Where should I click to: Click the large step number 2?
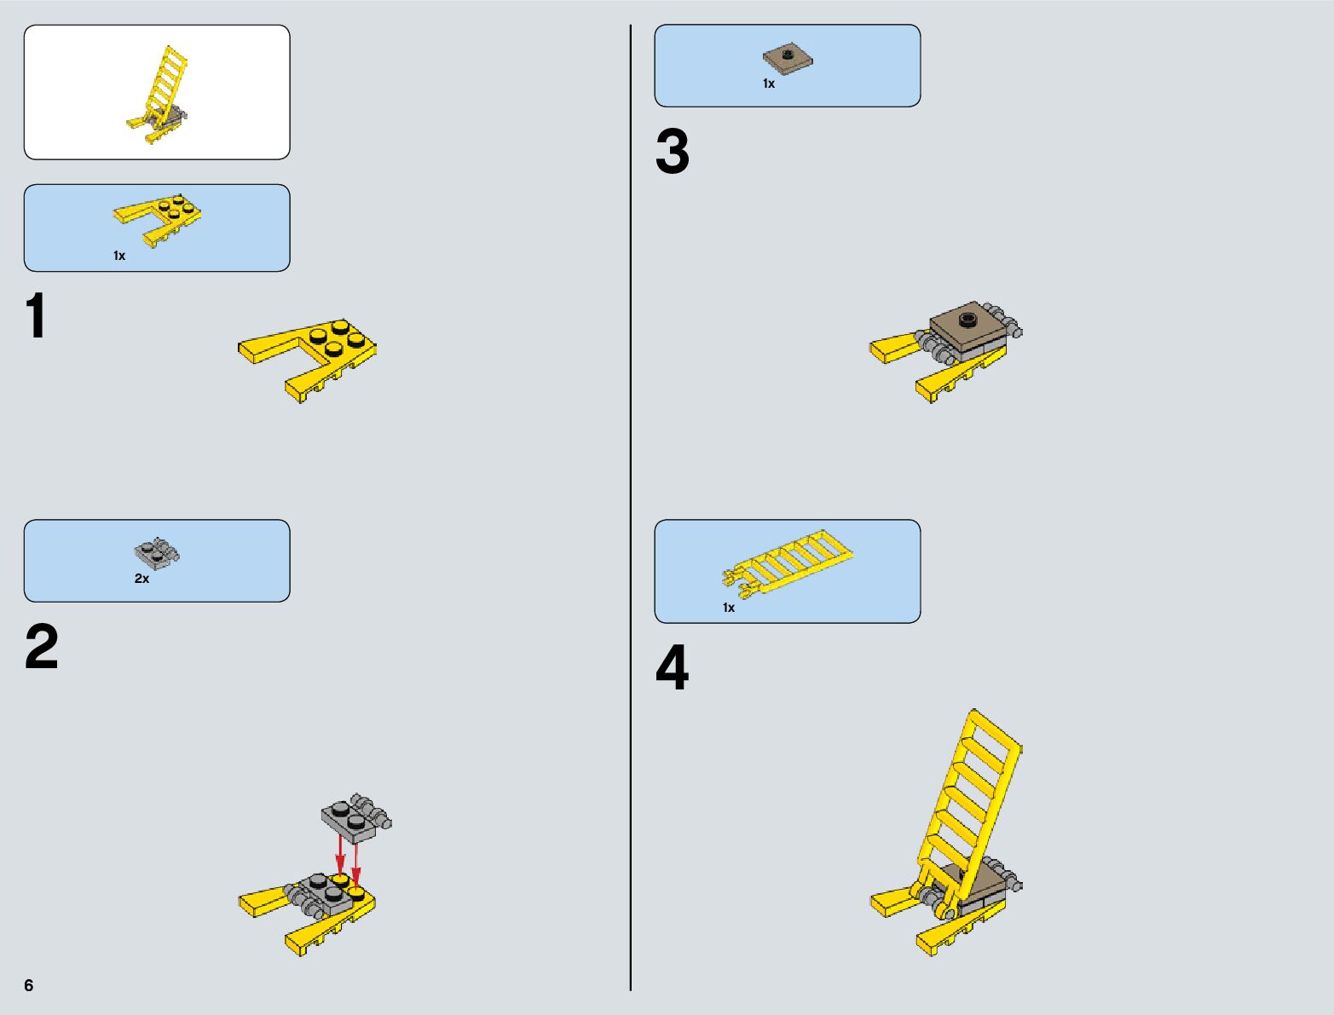tap(41, 646)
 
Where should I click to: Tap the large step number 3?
tap(673, 151)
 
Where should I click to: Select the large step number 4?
tap(673, 667)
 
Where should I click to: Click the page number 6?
tap(29, 984)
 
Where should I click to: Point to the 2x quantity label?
tap(141, 579)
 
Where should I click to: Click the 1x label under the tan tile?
tap(769, 84)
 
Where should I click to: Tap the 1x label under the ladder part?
tap(729, 608)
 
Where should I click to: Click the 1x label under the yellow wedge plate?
tap(119, 256)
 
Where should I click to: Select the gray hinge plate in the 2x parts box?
tap(157, 553)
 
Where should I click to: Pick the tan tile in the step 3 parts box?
tap(788, 60)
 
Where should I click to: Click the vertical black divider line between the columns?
tap(630, 507)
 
